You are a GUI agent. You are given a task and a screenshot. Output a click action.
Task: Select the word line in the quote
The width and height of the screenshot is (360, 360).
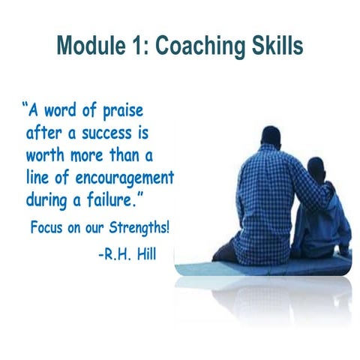(38, 180)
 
